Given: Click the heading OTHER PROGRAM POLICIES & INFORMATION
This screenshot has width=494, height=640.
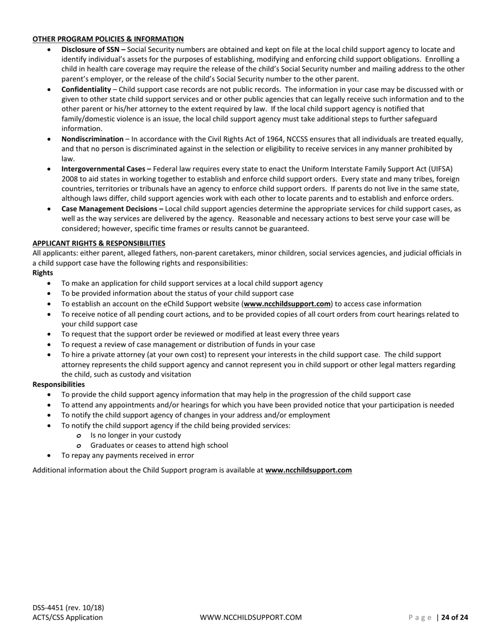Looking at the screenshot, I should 108,39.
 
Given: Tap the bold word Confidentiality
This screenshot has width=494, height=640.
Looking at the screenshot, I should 86,89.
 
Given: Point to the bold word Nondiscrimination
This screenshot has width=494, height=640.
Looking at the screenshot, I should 92,139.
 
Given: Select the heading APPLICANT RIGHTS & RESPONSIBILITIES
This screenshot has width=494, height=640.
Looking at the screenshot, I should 99,243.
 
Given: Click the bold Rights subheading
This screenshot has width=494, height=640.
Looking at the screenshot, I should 43,273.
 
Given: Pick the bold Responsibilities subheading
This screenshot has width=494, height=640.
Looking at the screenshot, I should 58,385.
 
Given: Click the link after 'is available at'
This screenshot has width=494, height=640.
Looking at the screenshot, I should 308,470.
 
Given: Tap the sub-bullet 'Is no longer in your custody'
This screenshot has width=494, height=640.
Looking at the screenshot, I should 136,435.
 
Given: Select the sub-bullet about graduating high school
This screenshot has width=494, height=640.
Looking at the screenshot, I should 159,445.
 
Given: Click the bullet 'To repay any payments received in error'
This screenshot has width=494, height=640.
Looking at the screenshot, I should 127,455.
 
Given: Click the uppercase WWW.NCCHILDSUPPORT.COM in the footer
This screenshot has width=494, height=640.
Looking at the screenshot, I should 251,618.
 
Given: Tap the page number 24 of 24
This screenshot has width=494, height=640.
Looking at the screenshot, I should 454,618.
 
